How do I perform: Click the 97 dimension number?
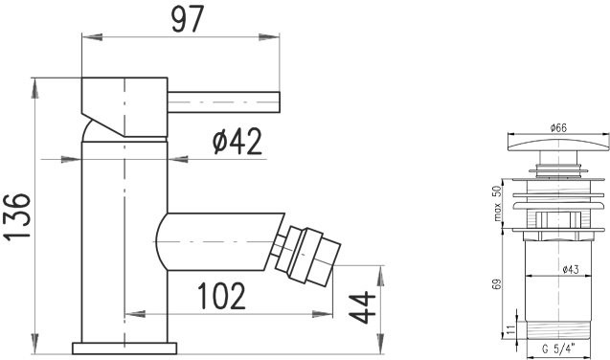188,18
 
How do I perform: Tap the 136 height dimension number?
17,216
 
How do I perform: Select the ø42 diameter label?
237,142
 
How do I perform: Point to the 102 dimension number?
221,296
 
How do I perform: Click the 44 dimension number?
362,307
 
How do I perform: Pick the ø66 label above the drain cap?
558,127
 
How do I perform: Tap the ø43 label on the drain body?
571,269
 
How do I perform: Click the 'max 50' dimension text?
497,203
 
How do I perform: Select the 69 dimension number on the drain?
497,283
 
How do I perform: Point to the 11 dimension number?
511,330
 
